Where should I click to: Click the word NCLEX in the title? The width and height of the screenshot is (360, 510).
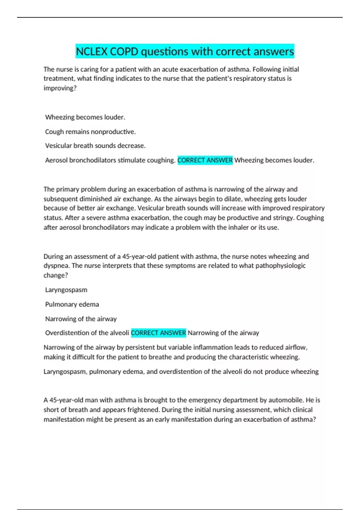(91, 52)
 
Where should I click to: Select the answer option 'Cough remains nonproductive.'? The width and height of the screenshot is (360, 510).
(90, 132)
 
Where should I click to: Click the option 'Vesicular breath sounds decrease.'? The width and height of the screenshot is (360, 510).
(95, 146)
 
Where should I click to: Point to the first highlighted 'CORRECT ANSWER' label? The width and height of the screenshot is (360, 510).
(205, 160)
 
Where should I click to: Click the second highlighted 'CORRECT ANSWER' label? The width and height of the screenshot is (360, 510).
(158, 333)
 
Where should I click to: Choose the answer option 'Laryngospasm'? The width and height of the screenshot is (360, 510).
(66, 290)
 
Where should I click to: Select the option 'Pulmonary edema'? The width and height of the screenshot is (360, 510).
(72, 304)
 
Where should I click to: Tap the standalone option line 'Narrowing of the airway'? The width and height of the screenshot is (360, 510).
(81, 319)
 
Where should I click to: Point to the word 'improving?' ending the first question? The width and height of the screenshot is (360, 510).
(60, 88)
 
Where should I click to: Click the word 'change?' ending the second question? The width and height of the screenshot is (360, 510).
(56, 275)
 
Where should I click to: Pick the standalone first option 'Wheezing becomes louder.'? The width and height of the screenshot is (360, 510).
(85, 117)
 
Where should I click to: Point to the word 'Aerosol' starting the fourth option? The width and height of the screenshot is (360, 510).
(56, 160)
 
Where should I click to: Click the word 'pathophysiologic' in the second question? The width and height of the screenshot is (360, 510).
(280, 266)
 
